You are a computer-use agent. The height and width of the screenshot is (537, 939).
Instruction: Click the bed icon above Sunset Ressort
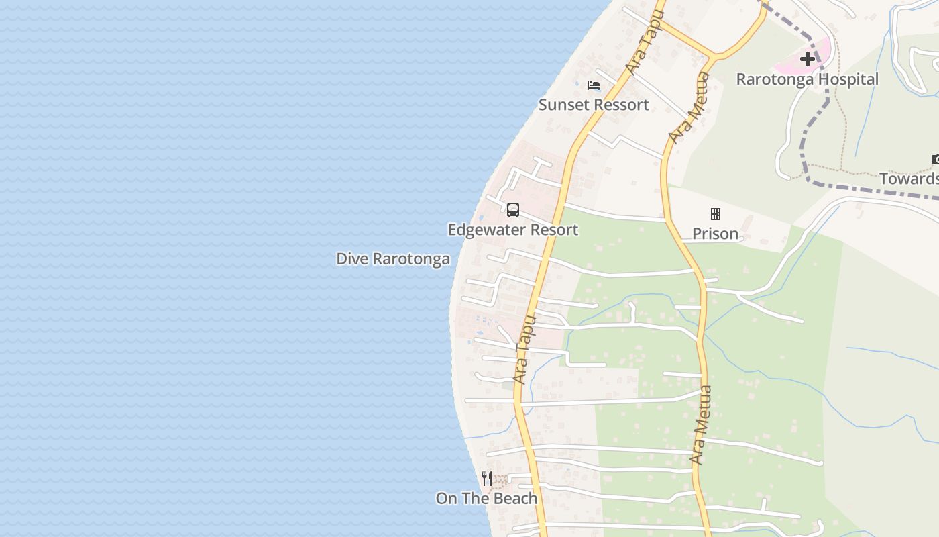tap(594, 85)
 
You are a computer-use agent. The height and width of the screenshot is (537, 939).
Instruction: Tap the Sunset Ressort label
tap(594, 105)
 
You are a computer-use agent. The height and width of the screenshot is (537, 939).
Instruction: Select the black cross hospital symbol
tap(808, 59)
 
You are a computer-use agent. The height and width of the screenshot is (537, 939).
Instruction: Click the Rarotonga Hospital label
tap(807, 79)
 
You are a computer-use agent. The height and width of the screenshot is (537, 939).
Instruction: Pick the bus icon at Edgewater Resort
tap(513, 210)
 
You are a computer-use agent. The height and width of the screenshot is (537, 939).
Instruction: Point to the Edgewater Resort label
tap(512, 230)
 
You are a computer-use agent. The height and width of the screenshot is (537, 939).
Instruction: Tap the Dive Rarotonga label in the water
tap(393, 259)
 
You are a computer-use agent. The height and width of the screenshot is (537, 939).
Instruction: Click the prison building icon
tap(716, 214)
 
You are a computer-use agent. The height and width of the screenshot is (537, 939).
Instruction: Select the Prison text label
tap(715, 234)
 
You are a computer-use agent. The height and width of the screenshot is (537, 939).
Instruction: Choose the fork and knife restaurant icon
tap(487, 479)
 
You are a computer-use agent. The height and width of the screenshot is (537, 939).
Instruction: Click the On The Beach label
tap(486, 499)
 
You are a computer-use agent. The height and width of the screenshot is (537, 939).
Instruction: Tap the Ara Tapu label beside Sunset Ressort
tap(643, 42)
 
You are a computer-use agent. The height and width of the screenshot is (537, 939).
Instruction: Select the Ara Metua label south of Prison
tap(702, 425)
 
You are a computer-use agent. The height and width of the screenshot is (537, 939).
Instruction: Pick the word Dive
tap(352, 259)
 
